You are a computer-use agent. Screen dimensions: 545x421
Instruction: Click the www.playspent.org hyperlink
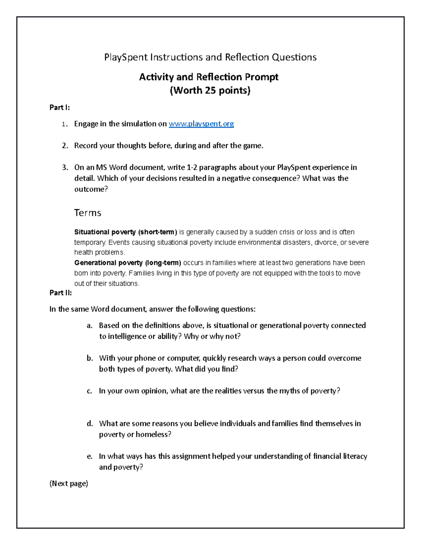tap(201, 124)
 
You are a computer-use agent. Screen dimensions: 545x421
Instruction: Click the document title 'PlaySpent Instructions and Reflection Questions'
tap(210, 57)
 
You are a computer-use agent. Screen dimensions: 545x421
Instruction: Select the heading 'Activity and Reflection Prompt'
tap(209, 77)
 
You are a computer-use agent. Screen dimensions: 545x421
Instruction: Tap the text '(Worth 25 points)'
tap(210, 91)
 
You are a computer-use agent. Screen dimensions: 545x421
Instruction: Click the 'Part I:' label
tap(60, 107)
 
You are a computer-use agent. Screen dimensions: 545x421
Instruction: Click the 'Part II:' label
tap(61, 293)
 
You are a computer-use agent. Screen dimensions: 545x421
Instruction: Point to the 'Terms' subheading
tap(88, 213)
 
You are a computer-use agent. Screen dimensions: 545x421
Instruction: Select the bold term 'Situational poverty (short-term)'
tap(126, 232)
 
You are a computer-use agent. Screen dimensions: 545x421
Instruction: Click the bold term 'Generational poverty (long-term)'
tap(128, 263)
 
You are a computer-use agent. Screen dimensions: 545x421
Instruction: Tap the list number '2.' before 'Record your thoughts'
tap(65, 146)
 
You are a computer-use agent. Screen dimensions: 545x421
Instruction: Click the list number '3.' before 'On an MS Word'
tap(65, 167)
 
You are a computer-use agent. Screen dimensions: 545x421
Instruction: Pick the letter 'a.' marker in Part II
tap(90, 326)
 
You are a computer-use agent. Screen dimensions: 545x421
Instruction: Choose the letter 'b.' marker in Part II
tap(90, 358)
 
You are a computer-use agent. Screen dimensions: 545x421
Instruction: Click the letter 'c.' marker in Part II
tap(89, 391)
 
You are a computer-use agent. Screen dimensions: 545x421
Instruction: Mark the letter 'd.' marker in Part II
tap(90, 424)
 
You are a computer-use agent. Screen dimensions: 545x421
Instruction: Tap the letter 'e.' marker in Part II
tap(90, 456)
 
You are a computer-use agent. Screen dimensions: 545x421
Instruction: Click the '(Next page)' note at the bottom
tap(69, 484)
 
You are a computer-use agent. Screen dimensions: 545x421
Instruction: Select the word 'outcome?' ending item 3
tap(91, 189)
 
